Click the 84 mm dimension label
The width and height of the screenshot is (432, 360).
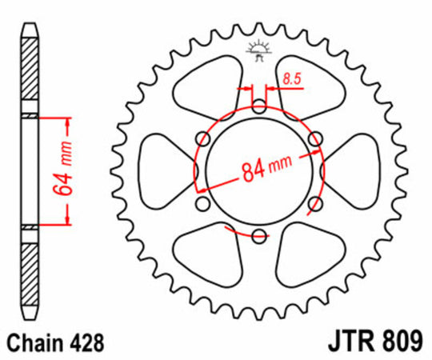click(x=266, y=169)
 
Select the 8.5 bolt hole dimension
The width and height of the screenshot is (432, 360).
click(x=292, y=79)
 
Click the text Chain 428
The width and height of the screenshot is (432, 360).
click(x=55, y=343)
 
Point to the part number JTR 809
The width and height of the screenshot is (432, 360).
click(x=374, y=342)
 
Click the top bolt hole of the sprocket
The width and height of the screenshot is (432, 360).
click(x=259, y=106)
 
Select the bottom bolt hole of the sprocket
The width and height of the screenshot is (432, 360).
click(x=259, y=236)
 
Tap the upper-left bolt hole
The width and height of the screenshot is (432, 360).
click(x=202, y=139)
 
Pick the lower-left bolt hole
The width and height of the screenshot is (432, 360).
click(x=202, y=204)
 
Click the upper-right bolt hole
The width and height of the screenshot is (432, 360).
click(x=315, y=139)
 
